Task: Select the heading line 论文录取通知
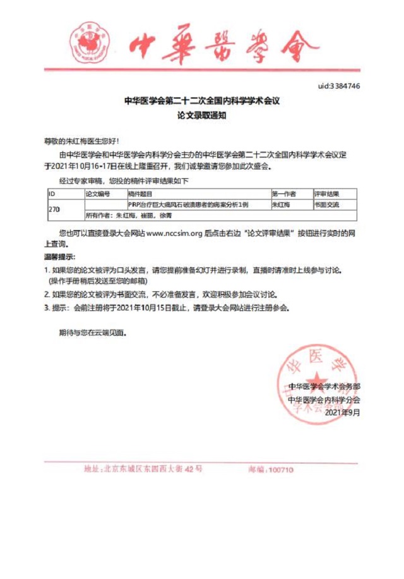(x=201, y=116)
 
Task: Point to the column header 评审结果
(x=326, y=193)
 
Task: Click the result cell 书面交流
(x=326, y=204)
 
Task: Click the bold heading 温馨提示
(x=59, y=257)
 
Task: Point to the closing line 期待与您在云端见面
(x=92, y=332)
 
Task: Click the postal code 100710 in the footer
(x=280, y=470)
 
